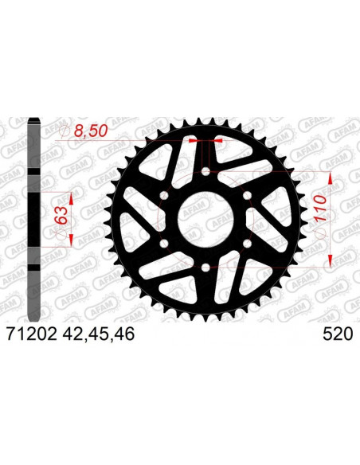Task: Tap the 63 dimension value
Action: click(58, 215)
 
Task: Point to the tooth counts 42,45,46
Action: click(100, 335)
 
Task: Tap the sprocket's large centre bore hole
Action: click(205, 220)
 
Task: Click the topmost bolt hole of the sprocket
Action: click(205, 170)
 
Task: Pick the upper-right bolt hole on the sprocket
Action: click(247, 195)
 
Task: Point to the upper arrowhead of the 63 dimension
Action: click(72, 197)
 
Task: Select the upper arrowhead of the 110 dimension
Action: click(329, 177)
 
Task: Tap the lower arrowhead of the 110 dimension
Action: click(329, 262)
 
